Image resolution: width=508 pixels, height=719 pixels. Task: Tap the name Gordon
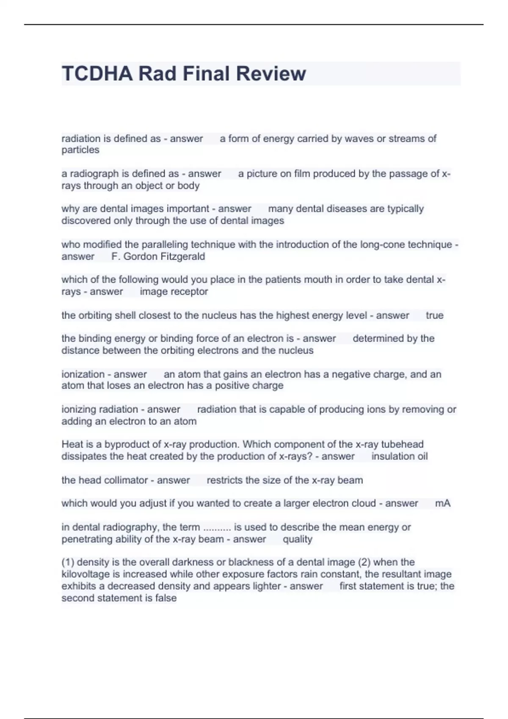click(x=143, y=256)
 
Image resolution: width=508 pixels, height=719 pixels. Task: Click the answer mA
click(x=442, y=503)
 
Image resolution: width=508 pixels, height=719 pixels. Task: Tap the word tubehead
click(x=402, y=444)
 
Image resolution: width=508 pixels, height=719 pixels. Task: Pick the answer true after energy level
click(x=434, y=315)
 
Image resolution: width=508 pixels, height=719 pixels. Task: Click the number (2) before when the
click(x=364, y=562)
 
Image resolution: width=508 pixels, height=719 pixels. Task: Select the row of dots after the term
click(x=217, y=528)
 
